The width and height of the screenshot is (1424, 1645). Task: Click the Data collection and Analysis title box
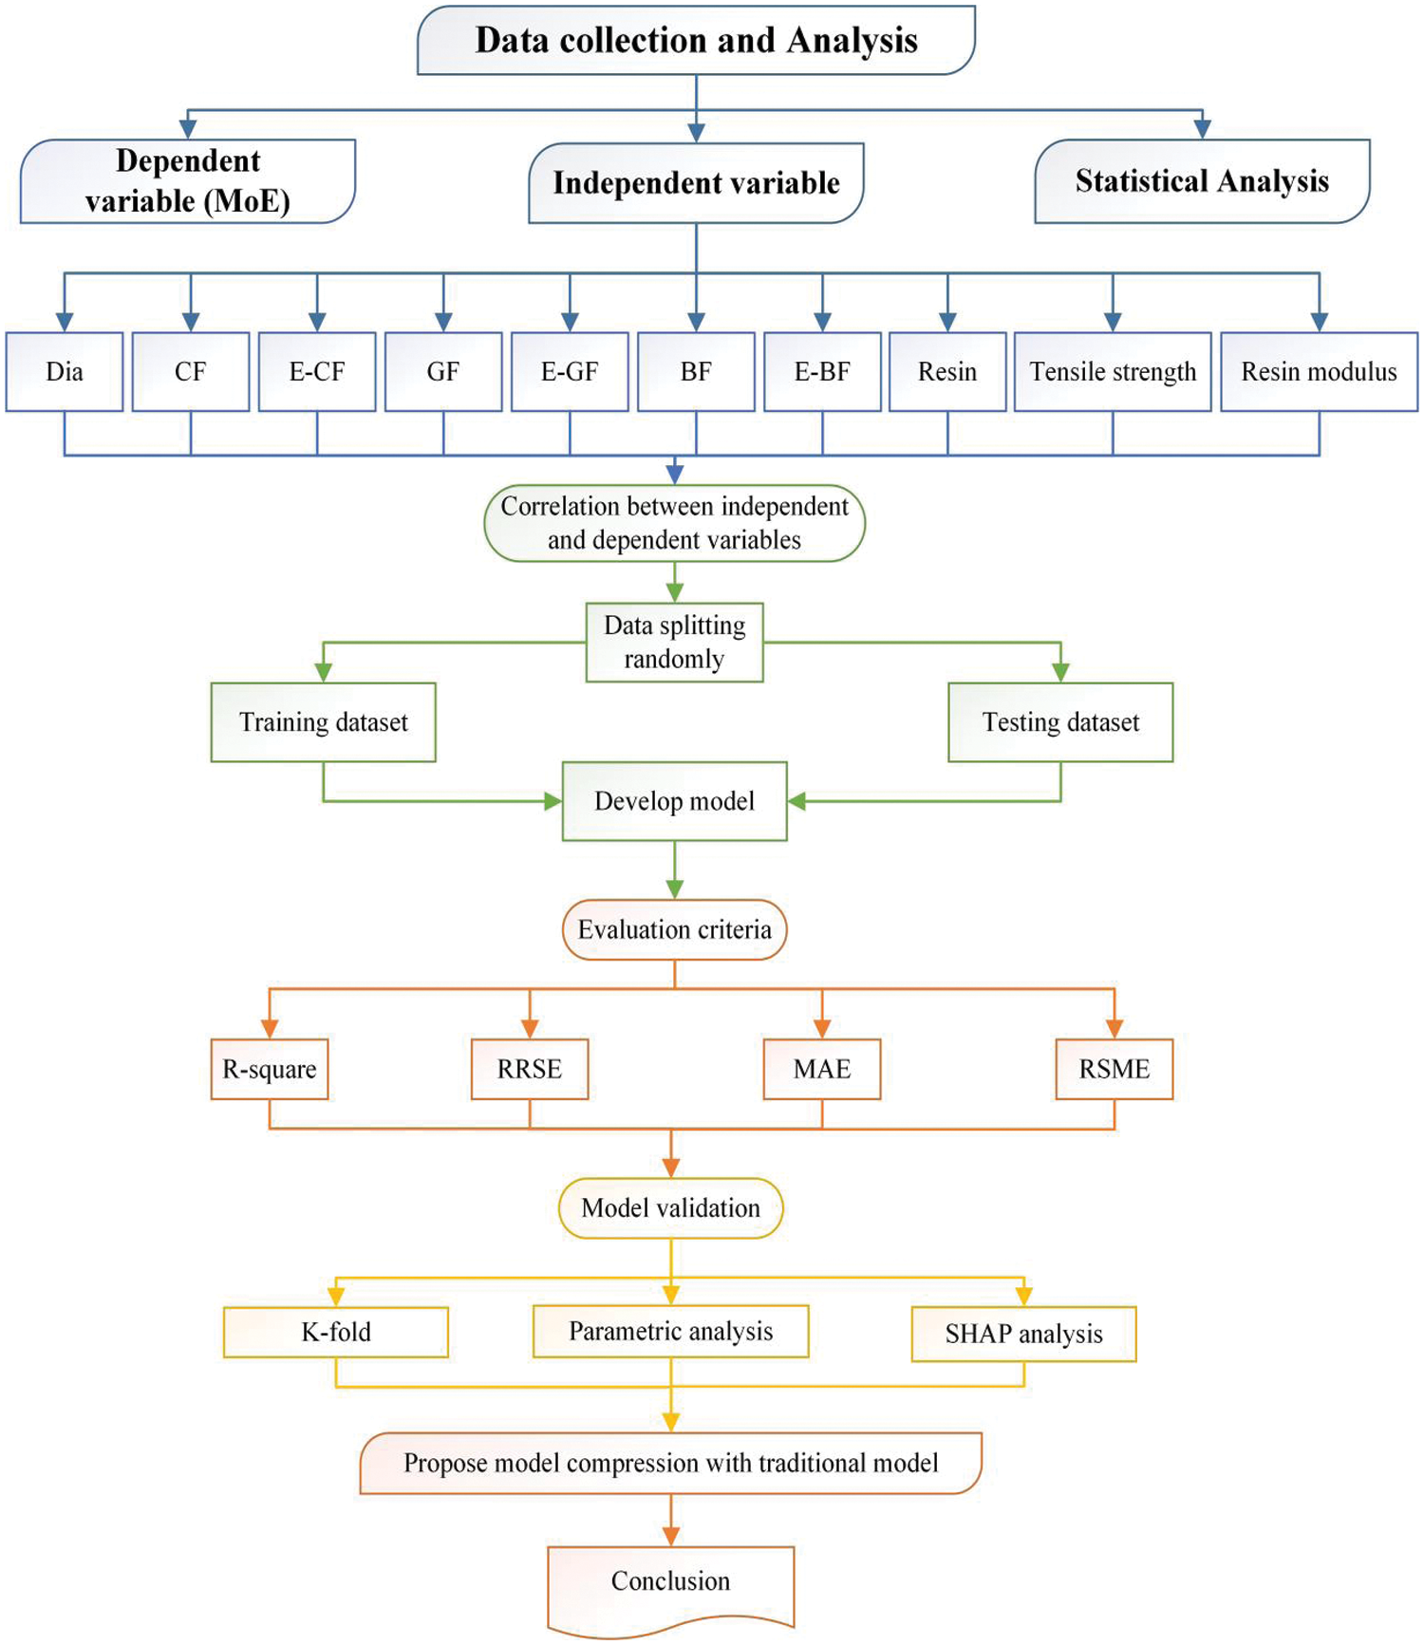pos(696,40)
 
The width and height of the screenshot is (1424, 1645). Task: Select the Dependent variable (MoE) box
pos(188,180)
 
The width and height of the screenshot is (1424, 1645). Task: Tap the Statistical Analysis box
pos(1202,180)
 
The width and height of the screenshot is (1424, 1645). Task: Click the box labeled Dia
pos(65,371)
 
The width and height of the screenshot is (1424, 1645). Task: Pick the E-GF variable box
pos(570,371)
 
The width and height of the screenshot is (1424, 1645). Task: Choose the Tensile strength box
pos(1113,371)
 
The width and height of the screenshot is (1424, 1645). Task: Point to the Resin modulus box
pos(1319,371)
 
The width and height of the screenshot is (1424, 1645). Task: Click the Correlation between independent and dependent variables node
pos(674,523)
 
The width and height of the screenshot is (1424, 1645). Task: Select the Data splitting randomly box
pos(674,642)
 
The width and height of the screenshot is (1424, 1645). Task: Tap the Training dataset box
pos(323,721)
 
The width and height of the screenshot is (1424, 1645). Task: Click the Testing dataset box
pos(1060,721)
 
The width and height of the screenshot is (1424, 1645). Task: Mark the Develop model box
pos(674,800)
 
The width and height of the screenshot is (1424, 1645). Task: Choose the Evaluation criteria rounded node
pos(674,929)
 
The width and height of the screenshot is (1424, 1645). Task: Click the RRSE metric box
pos(530,1069)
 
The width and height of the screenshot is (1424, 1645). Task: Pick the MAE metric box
pos(822,1069)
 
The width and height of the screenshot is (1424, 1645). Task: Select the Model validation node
pos(670,1207)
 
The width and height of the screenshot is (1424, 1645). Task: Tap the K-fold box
pos(335,1332)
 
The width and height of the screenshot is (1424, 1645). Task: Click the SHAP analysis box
pos(1023,1334)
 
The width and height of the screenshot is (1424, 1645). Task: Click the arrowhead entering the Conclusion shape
pos(670,1536)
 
